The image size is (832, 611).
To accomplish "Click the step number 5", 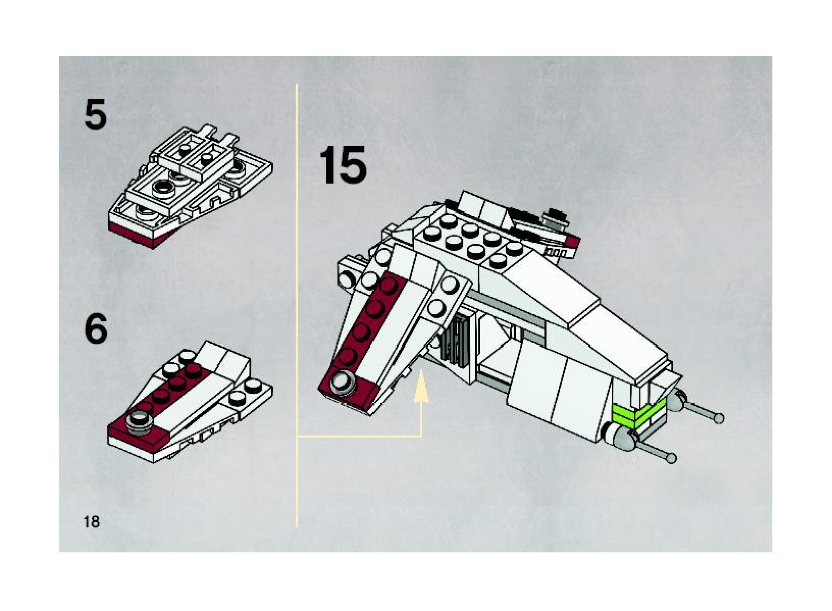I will (95, 116).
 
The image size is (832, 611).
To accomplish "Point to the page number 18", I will (92, 522).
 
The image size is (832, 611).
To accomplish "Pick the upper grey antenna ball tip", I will (719, 418).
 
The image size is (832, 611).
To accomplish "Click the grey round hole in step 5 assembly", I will (164, 187).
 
